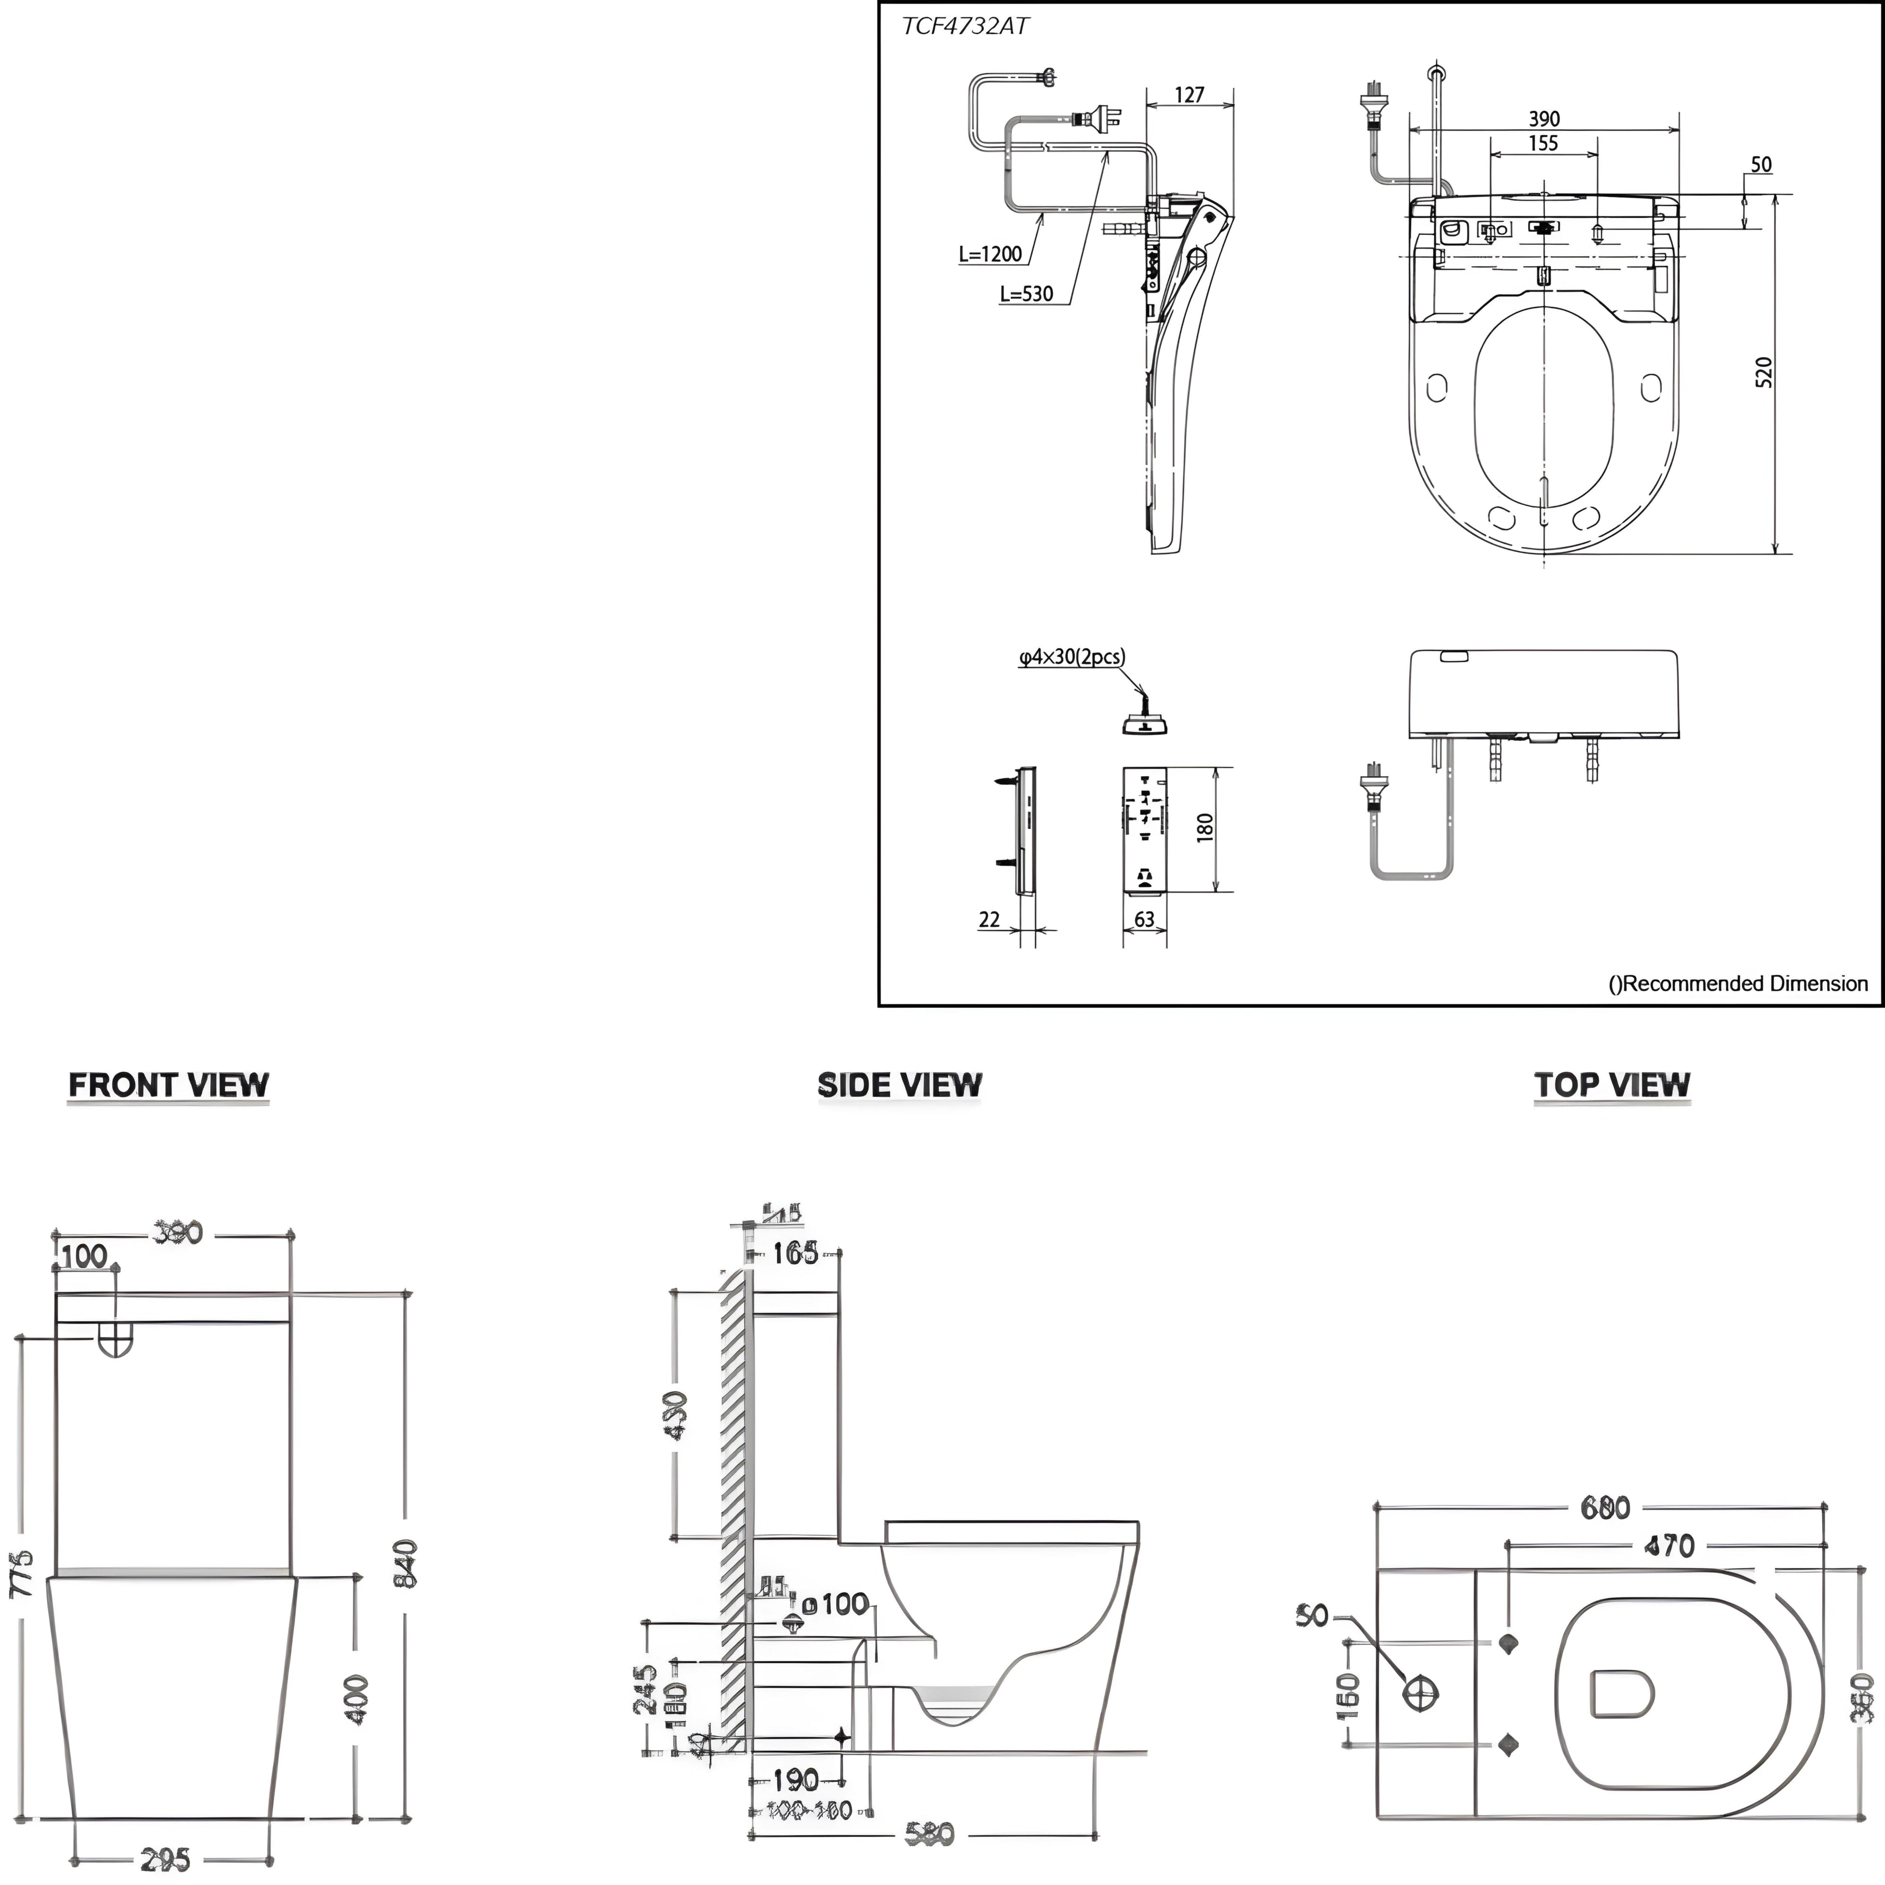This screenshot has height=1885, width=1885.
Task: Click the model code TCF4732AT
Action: [964, 26]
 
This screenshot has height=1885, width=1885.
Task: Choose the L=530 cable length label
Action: [1026, 294]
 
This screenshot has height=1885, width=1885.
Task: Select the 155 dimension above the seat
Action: [1542, 143]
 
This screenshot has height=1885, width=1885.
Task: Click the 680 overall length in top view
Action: [1605, 1508]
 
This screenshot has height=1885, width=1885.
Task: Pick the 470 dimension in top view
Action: [1669, 1546]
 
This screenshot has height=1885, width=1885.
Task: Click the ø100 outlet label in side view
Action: [836, 1603]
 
